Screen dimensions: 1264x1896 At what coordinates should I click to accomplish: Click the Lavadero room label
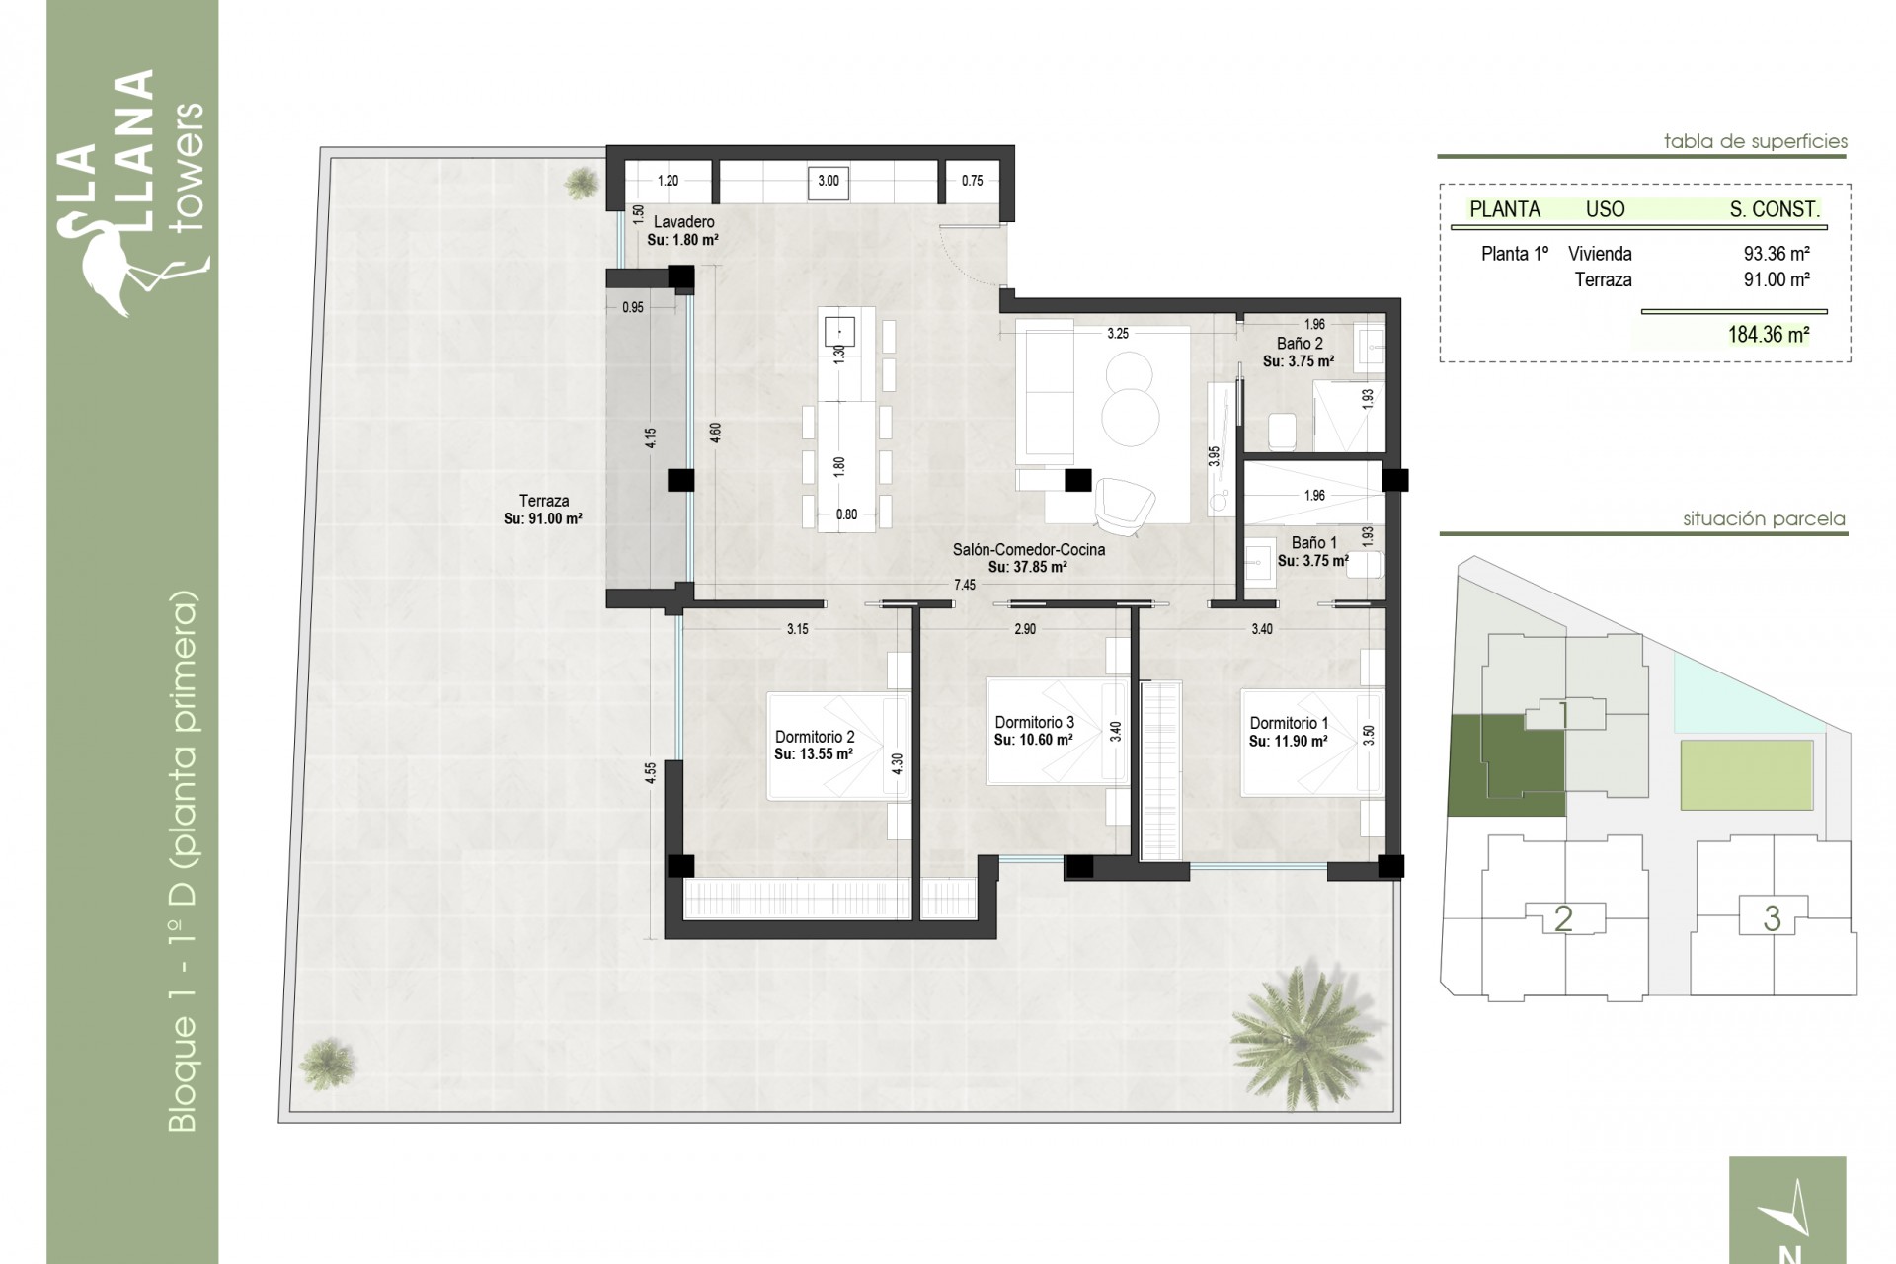[x=682, y=222]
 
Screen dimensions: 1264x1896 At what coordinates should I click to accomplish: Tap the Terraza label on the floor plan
[x=543, y=501]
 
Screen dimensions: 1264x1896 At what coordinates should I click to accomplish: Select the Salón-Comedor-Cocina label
[x=1028, y=549]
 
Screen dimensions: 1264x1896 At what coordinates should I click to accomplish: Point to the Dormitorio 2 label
[x=814, y=737]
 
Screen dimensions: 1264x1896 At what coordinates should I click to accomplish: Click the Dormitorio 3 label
[x=1034, y=722]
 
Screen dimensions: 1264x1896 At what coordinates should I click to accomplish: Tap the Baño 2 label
[x=1299, y=344]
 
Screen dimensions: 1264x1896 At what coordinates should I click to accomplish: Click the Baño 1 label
[x=1313, y=542]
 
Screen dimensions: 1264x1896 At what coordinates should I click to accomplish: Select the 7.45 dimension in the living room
[x=964, y=585]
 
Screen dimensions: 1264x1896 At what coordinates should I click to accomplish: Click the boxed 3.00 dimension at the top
[x=829, y=181]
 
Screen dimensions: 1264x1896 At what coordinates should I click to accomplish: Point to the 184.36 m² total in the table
[x=1768, y=335]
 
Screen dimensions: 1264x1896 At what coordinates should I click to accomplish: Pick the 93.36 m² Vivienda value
[x=1776, y=254]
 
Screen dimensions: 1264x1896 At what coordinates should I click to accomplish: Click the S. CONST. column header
[x=1774, y=209]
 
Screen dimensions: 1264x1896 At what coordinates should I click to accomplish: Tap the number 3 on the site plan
[x=1772, y=918]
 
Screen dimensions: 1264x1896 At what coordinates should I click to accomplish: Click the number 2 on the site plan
[x=1562, y=918]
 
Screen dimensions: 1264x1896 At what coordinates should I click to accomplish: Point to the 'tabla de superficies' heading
[x=1755, y=142]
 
